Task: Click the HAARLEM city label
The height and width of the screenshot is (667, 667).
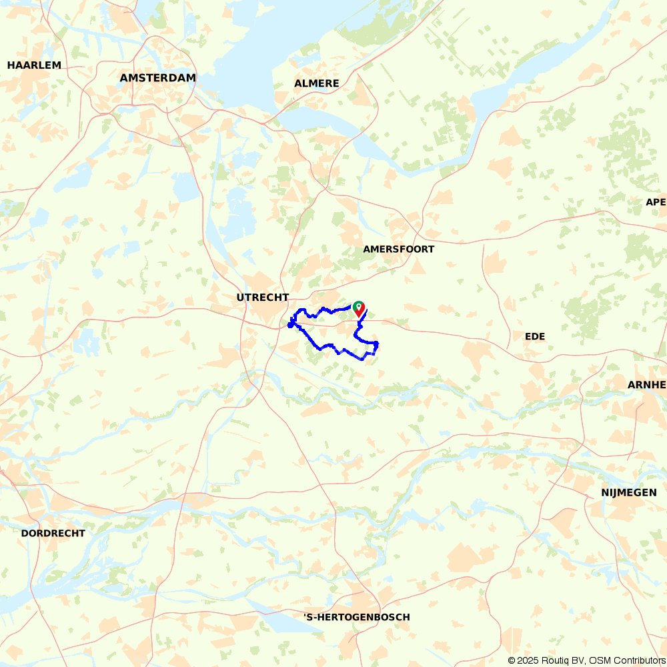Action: click(34, 65)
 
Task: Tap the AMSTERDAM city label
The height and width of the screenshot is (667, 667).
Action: click(158, 78)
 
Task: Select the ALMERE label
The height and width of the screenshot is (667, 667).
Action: click(317, 83)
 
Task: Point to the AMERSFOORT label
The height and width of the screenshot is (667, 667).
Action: click(399, 249)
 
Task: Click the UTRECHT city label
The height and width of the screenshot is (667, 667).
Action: click(263, 297)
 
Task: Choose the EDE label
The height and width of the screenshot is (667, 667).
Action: click(535, 337)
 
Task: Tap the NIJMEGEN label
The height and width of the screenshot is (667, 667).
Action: click(629, 493)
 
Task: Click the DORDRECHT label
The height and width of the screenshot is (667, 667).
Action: click(53, 534)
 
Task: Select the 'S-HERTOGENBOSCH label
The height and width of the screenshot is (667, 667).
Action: click(357, 618)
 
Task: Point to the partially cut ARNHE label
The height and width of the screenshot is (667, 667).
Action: click(647, 385)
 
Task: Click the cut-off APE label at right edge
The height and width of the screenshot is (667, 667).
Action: click(656, 202)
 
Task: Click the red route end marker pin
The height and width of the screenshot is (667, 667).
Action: click(359, 308)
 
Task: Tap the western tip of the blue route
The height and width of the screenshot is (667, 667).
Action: click(289, 325)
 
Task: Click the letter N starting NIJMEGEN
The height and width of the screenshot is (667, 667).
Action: click(604, 493)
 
